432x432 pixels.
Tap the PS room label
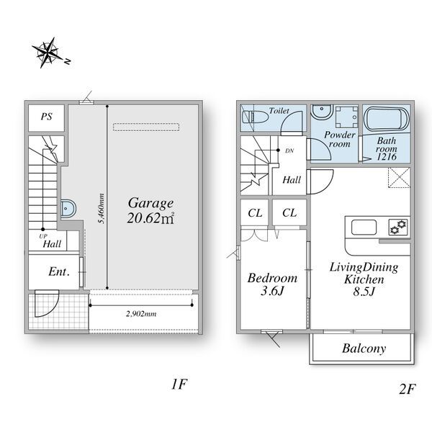tap(46, 117)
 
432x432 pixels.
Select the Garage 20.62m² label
tap(150, 210)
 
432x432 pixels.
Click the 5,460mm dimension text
tap(102, 209)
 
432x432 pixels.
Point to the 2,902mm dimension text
tap(141, 314)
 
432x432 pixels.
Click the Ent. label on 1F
tap(59, 271)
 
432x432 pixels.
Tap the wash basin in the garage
tap(68, 208)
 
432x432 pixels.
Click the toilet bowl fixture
tap(255, 117)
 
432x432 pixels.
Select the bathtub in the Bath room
tap(386, 119)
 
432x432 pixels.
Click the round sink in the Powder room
tap(322, 112)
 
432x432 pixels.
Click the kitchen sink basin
tap(364, 227)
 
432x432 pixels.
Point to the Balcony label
tap(364, 348)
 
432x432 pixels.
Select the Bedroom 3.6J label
tap(272, 284)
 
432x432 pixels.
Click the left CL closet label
tap(255, 213)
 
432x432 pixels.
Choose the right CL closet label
tap(289, 212)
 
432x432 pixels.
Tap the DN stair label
tap(289, 150)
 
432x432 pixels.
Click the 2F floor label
tap(407, 389)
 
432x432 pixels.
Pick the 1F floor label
tap(179, 384)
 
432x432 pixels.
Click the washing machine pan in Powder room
tap(346, 117)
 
